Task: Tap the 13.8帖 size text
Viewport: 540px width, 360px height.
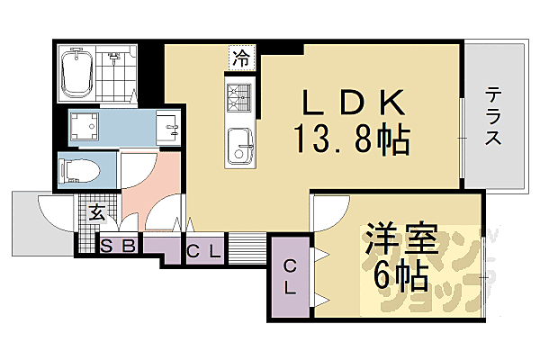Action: click(350, 139)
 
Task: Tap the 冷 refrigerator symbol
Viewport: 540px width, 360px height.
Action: click(240, 59)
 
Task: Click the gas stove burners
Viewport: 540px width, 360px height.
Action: click(238, 94)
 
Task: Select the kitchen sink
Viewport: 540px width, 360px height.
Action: click(239, 141)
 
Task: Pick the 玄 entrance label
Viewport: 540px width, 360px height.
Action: click(96, 212)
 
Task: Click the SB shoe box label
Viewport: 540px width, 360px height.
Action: click(117, 245)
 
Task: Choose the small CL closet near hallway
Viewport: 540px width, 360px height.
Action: click(204, 249)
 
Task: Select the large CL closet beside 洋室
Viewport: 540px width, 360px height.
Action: click(290, 276)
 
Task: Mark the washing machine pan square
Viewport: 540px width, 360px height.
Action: click(87, 129)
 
